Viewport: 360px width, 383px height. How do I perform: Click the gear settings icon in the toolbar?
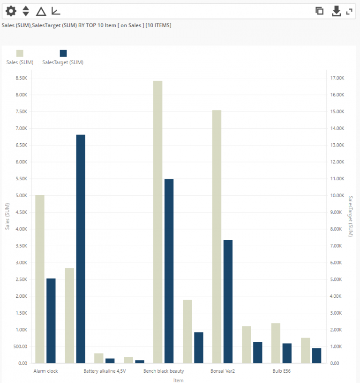[10, 11]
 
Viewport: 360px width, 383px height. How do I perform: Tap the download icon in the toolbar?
[336, 11]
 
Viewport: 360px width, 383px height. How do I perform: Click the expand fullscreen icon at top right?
[349, 11]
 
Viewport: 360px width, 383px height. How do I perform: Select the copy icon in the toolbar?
[320, 11]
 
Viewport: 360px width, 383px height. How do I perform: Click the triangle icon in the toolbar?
[41, 11]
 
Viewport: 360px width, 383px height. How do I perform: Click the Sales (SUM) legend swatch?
[20, 53]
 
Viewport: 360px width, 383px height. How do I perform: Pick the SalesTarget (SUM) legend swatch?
[63, 53]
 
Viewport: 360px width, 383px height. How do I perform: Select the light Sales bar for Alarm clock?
[40, 279]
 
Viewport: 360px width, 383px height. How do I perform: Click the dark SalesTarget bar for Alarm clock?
[51, 321]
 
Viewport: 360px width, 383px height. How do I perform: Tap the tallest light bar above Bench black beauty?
[157, 222]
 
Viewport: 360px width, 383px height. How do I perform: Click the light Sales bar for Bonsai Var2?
[217, 236]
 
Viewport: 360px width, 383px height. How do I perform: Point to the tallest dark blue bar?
[81, 249]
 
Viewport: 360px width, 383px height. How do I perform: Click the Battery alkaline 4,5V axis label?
[105, 371]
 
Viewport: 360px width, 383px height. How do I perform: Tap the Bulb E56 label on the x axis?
[282, 371]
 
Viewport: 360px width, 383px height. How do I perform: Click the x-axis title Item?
[178, 380]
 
